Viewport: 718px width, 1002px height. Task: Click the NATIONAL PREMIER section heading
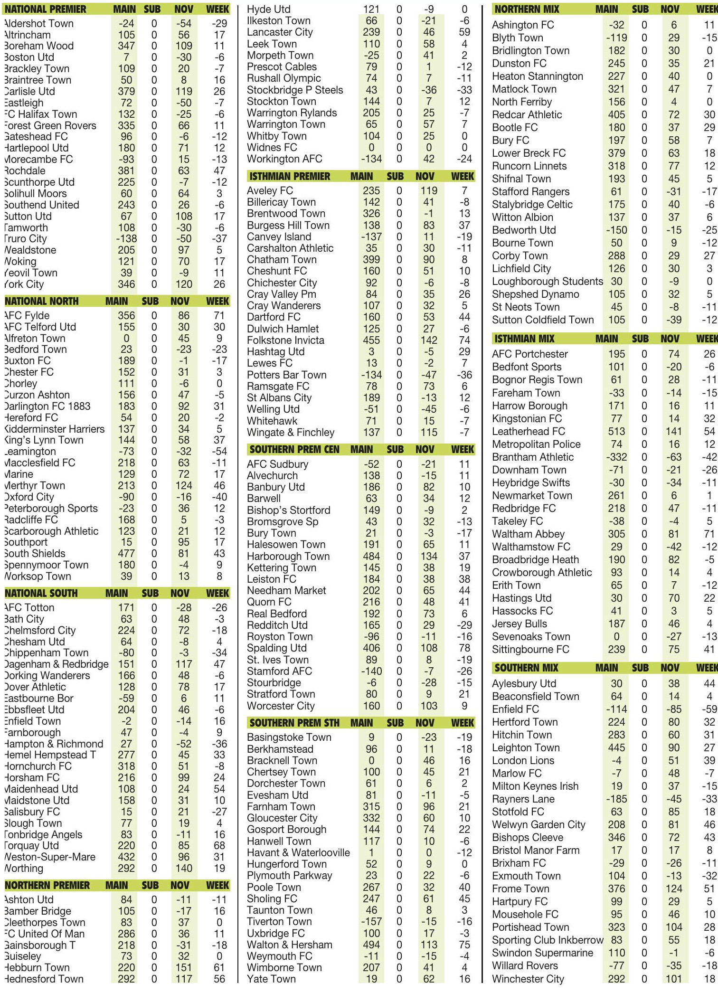coord(46,9)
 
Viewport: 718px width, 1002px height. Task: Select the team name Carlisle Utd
coord(29,91)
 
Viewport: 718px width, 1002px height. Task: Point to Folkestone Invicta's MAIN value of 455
coord(371,340)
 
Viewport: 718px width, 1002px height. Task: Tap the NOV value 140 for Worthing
coord(184,868)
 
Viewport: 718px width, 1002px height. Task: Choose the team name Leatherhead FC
coord(529,431)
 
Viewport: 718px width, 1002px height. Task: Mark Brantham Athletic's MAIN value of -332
coord(616,457)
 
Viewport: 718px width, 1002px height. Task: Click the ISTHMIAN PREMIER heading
coord(290,176)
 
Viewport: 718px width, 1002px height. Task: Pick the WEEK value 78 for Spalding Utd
coord(464,648)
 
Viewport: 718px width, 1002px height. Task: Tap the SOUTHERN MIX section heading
coord(526,668)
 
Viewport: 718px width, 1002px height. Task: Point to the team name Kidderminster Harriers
coord(54,429)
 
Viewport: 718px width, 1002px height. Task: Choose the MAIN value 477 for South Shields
coord(126,553)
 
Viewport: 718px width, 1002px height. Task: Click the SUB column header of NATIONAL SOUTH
coord(150,593)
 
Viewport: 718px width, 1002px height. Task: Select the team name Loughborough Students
coord(547,281)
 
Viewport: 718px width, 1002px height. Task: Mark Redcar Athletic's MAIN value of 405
coord(616,114)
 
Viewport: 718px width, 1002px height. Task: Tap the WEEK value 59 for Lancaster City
coord(464,32)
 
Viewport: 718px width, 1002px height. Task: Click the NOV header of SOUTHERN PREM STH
coord(425,723)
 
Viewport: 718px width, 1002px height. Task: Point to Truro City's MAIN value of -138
coord(126,238)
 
